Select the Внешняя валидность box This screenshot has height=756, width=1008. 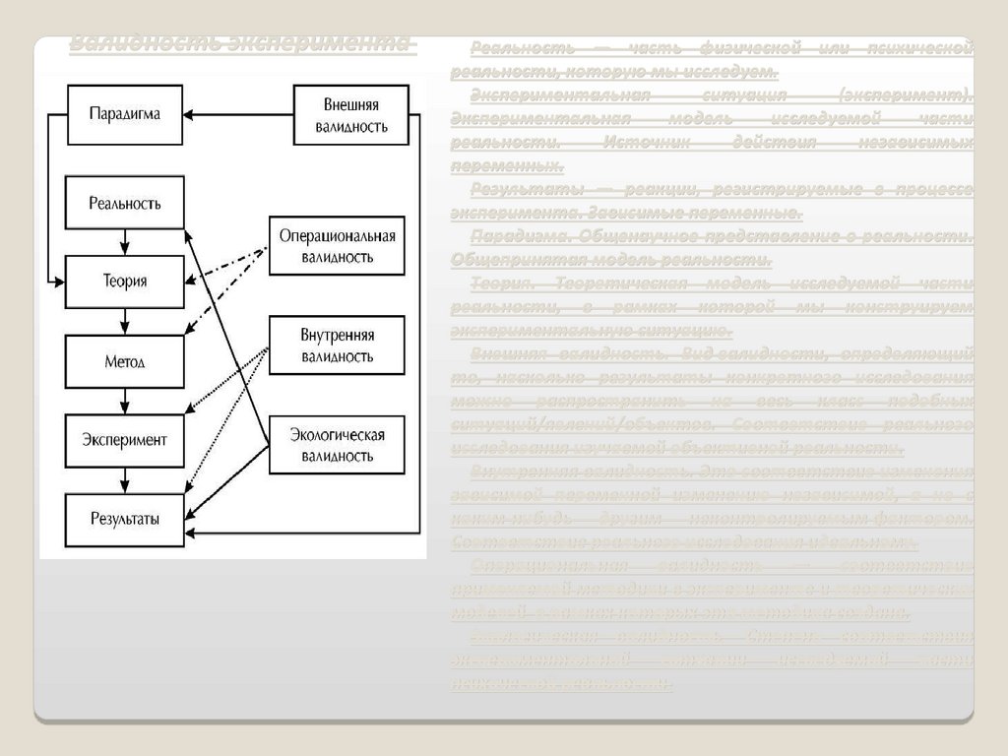tap(350, 114)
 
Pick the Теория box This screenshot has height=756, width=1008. tap(124, 281)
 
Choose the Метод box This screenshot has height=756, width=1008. tap(124, 361)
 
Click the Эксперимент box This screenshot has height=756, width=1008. tap(124, 440)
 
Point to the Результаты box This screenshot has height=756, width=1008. tap(124, 519)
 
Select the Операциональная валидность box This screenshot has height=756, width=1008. tap(337, 246)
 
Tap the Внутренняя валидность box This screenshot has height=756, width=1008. tap(337, 346)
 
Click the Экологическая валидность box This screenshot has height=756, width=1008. tap(337, 445)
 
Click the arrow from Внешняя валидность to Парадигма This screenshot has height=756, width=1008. tap(239, 115)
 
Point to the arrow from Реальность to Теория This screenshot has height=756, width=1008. tap(124, 242)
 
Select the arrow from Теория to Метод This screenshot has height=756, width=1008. tap(124, 321)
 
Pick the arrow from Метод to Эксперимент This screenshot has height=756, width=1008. tap(124, 401)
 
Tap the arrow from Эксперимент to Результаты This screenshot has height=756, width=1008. tap(124, 479)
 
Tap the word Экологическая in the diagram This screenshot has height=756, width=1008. tap(338, 434)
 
